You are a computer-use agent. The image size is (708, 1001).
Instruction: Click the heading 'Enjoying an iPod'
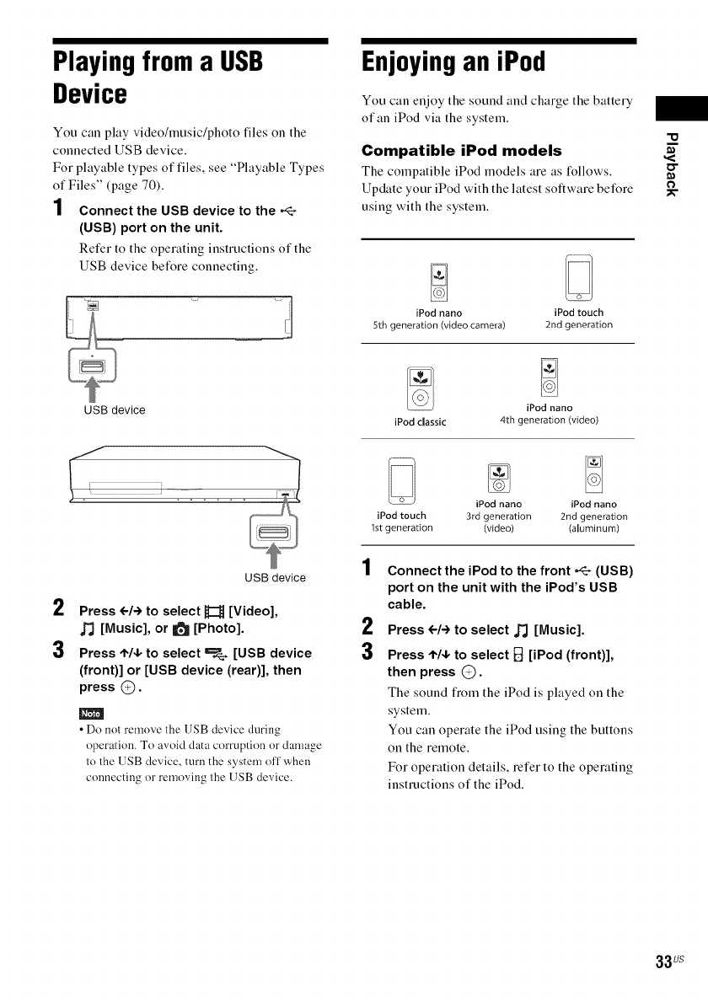click(453, 62)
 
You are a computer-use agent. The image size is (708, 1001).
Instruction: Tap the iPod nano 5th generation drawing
click(438, 282)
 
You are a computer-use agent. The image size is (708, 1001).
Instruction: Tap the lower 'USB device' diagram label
click(275, 578)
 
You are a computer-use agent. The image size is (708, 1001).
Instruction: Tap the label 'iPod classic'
click(420, 421)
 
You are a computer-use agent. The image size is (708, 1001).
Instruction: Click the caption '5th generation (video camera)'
click(438, 325)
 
